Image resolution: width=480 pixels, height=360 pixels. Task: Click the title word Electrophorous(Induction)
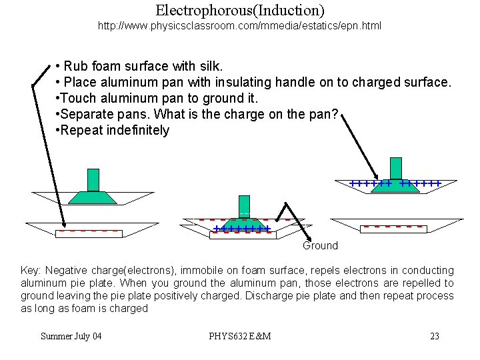click(x=240, y=11)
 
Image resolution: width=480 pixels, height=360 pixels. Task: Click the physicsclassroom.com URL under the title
click(x=240, y=27)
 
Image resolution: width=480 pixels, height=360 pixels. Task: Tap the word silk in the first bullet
click(x=211, y=67)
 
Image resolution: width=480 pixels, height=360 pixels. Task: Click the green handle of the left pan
click(x=93, y=180)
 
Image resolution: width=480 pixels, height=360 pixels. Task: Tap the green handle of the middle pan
click(x=244, y=205)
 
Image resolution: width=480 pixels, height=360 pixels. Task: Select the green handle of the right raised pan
click(x=396, y=168)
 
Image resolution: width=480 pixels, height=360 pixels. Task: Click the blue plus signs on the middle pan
click(x=241, y=229)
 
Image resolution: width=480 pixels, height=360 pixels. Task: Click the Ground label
click(x=320, y=246)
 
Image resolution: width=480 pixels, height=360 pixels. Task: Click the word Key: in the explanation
click(x=31, y=271)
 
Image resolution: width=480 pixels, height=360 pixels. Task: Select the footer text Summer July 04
click(x=71, y=336)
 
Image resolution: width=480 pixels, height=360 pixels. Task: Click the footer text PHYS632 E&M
click(x=239, y=336)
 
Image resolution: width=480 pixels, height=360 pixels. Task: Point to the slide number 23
click(x=435, y=336)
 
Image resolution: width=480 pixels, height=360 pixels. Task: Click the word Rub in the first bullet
click(x=75, y=67)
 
